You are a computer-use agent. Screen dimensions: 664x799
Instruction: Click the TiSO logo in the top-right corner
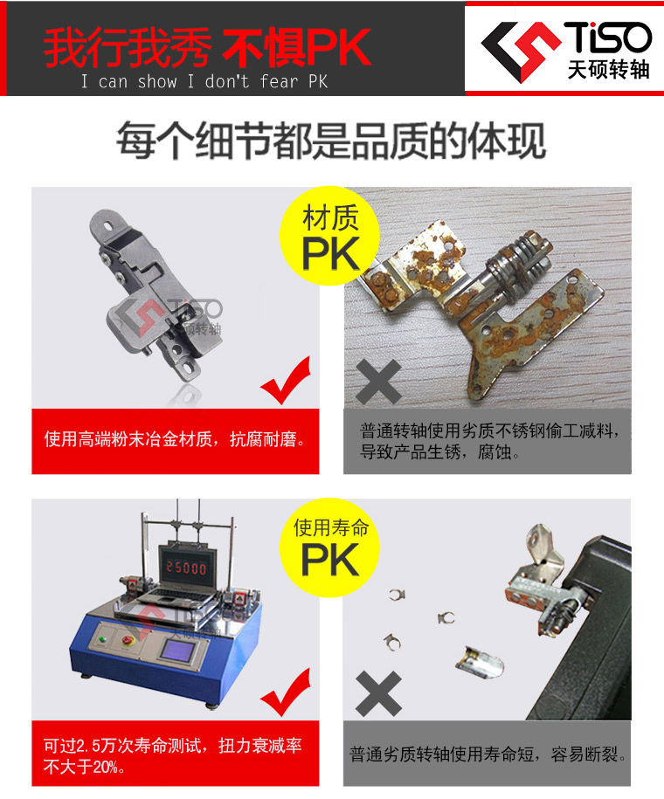[566, 51]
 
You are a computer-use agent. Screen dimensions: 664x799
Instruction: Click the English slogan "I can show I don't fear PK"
[204, 81]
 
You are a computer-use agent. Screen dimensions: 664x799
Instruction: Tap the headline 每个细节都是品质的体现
[331, 141]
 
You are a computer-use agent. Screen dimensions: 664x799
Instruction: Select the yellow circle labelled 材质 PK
[330, 236]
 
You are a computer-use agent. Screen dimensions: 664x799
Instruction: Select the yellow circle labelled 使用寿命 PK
[330, 548]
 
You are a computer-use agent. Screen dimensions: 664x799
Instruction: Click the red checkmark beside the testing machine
[287, 694]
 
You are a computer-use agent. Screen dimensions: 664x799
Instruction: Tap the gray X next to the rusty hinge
[378, 382]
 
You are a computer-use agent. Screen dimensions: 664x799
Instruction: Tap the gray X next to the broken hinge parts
[378, 693]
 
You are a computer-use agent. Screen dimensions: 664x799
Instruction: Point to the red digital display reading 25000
[185, 568]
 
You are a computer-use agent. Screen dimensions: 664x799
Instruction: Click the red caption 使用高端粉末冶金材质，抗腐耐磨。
[175, 439]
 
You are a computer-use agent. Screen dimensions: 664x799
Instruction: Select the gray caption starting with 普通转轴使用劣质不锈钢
[489, 441]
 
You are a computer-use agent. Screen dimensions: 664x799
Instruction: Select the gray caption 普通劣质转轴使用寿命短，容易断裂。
[488, 754]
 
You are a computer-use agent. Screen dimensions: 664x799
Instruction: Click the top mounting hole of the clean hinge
[108, 224]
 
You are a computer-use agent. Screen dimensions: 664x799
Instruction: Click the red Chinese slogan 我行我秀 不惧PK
[207, 48]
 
